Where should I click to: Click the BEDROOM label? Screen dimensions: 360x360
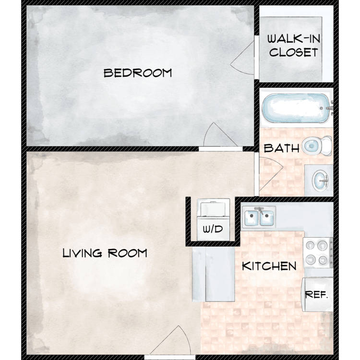point(138,73)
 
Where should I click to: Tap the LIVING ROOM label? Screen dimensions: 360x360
point(105,253)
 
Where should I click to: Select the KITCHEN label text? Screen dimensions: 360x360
point(269,266)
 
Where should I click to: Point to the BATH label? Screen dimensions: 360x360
point(281,148)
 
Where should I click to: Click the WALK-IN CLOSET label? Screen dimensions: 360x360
point(294,46)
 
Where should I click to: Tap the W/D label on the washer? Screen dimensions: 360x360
point(213,229)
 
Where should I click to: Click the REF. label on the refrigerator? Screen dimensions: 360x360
point(316,294)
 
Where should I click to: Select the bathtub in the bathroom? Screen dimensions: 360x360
point(296,108)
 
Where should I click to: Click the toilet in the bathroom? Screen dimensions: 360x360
point(317,145)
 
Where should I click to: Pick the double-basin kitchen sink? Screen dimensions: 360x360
point(259,216)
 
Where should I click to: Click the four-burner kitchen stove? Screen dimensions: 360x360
point(318,252)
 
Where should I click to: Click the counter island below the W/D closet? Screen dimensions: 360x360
point(214,274)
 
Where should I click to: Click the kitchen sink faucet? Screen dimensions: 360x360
point(259,210)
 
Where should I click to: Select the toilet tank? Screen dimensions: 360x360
point(326,145)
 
